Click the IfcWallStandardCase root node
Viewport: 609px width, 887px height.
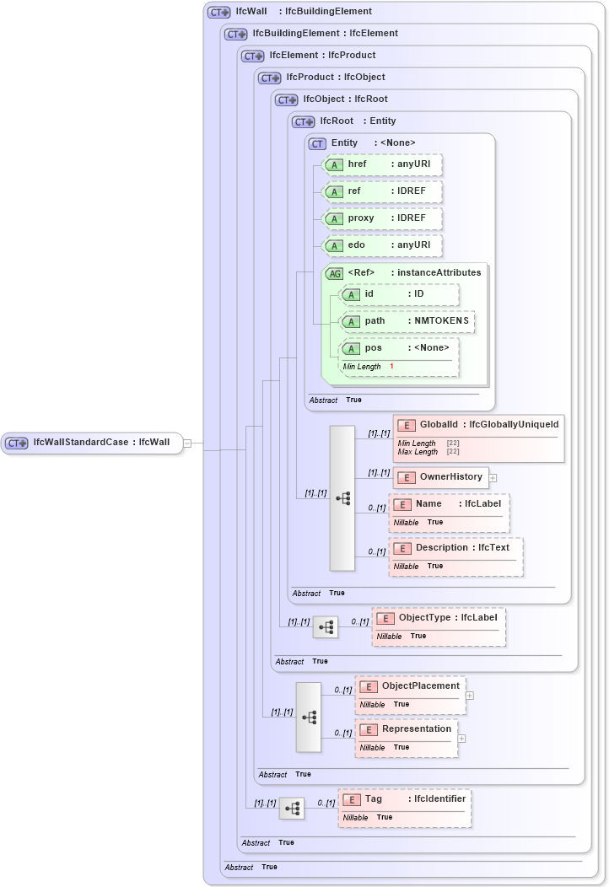coord(91,443)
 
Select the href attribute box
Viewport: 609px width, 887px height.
coord(383,164)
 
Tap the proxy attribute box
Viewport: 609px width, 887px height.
coord(383,218)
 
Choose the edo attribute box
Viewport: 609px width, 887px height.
coord(383,245)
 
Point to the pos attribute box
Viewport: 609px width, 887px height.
coord(398,348)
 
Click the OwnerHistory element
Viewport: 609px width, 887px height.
coord(440,477)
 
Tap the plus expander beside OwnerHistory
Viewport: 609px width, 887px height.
coord(493,478)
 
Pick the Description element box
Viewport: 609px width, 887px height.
coord(455,548)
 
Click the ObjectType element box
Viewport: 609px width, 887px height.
coord(439,618)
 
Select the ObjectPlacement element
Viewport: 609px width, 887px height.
coord(410,686)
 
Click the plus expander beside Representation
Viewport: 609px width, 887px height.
coord(461,739)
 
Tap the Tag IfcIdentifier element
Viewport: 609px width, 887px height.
coord(405,799)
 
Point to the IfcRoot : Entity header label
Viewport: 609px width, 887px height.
coord(357,121)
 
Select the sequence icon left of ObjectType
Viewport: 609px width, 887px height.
coord(326,627)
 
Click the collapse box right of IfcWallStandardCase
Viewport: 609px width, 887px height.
coord(187,443)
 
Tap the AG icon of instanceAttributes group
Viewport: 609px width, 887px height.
coord(334,273)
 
